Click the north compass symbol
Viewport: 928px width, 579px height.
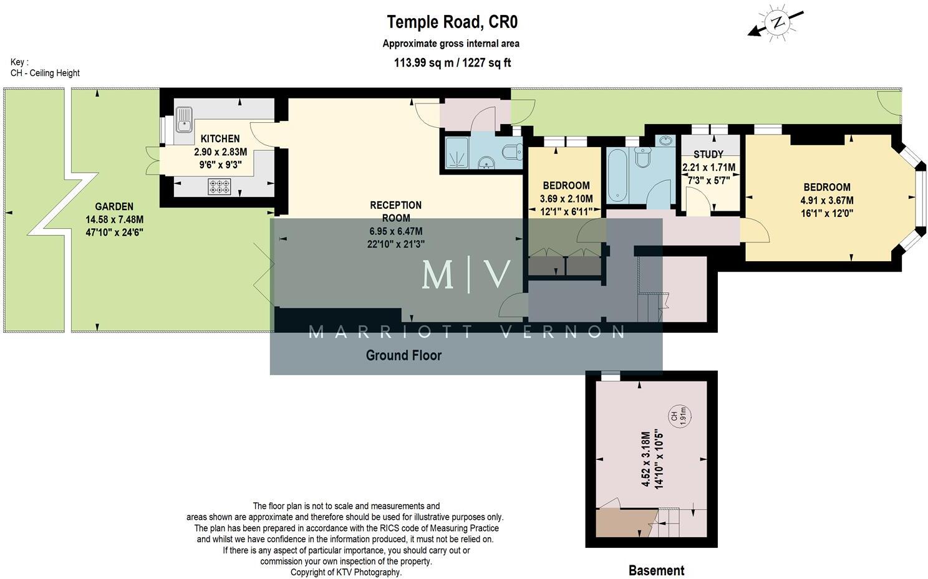point(776,23)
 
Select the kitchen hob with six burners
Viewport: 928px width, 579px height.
point(220,186)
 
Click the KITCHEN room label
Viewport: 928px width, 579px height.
point(220,138)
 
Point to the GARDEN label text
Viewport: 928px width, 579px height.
point(114,206)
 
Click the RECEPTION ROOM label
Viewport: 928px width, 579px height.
point(396,211)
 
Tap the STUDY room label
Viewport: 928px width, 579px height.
point(708,154)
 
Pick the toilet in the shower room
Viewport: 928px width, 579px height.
point(513,152)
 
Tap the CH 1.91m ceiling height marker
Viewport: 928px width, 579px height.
point(678,417)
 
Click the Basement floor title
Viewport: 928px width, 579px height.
point(656,570)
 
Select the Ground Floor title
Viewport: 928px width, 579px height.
point(404,355)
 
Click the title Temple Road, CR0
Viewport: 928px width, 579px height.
point(452,22)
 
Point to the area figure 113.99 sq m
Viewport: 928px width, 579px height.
point(423,62)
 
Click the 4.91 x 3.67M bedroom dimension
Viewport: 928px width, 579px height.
point(827,200)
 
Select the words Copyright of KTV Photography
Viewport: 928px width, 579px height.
point(346,572)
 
